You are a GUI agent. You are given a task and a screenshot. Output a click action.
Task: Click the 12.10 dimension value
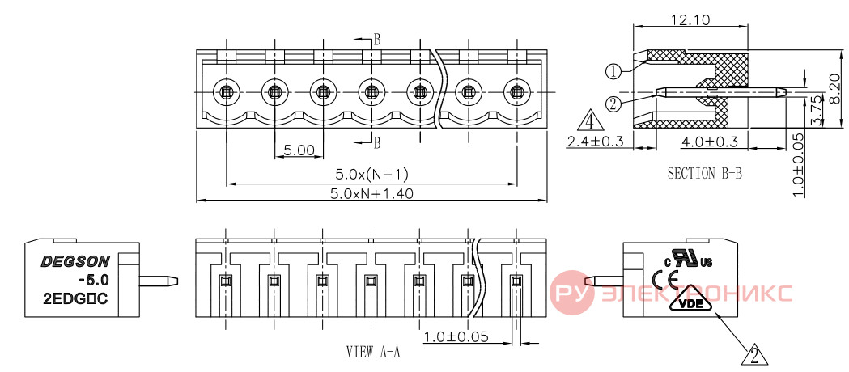click(x=691, y=20)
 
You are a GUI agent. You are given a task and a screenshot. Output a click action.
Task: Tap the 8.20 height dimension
click(x=834, y=88)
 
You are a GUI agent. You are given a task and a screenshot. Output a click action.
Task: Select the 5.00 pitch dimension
click(x=299, y=150)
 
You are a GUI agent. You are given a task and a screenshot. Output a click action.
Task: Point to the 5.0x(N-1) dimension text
click(x=371, y=174)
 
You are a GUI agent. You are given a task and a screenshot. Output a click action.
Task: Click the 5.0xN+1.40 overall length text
click(x=372, y=193)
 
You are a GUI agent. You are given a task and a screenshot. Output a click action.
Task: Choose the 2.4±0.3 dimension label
click(x=595, y=142)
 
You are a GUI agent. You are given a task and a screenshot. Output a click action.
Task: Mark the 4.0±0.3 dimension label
click(x=709, y=142)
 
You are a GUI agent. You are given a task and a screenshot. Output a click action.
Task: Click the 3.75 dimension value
click(x=818, y=111)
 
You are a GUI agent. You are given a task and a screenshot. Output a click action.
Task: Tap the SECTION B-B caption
click(x=704, y=174)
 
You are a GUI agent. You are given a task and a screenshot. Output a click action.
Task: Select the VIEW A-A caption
click(x=373, y=352)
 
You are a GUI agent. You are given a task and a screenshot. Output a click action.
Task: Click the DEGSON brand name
click(x=75, y=262)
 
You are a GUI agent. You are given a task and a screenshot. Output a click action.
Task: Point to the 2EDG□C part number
click(x=75, y=297)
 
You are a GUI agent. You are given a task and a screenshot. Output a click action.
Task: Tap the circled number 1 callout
click(x=613, y=71)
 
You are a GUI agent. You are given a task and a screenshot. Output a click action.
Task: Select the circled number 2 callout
click(x=613, y=104)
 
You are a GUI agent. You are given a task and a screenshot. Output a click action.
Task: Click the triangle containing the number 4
click(x=590, y=121)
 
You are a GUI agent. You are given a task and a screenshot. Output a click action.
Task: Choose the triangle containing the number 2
click(x=756, y=355)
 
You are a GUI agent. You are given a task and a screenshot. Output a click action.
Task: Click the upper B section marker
click(x=377, y=40)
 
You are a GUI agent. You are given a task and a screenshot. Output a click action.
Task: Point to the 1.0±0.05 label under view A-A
click(x=456, y=337)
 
